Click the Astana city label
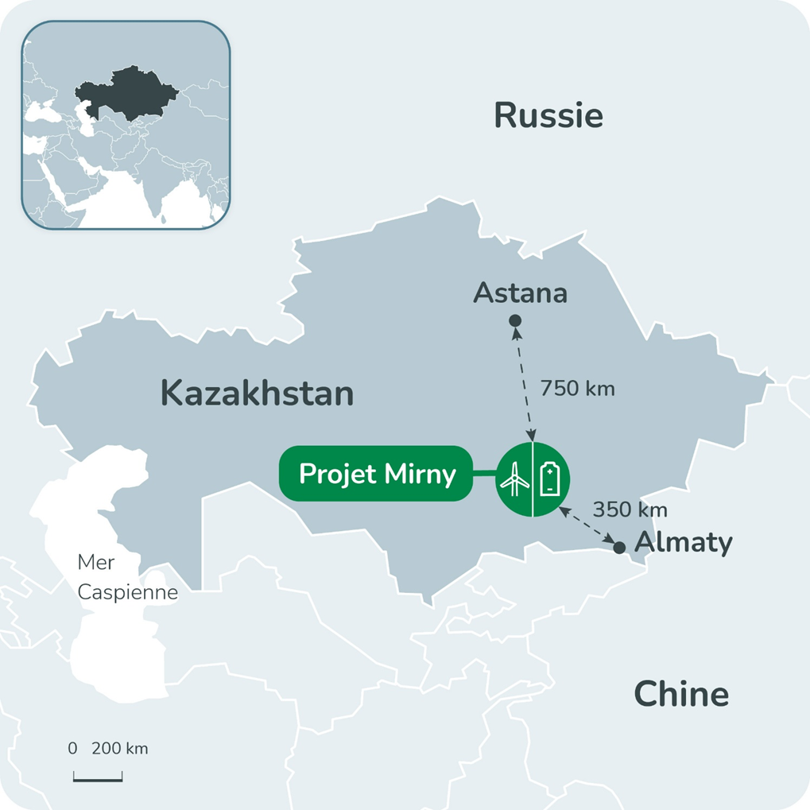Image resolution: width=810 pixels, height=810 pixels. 521,293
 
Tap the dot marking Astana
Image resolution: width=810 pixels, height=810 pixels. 515,320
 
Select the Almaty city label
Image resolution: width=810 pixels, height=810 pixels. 684,543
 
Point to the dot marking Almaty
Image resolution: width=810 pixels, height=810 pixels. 619,548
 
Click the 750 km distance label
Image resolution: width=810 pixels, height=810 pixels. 578,389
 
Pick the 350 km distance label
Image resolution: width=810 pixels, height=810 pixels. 630,510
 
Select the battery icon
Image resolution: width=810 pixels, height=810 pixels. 550,479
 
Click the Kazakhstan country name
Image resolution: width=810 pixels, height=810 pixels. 257,393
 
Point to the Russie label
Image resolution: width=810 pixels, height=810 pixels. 548,116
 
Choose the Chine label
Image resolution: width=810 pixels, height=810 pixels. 681,694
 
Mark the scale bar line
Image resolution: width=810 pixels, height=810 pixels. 98,780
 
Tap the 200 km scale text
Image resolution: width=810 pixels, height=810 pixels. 119,749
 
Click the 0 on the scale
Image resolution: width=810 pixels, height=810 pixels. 72,749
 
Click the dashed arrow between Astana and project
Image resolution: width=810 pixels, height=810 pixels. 525,382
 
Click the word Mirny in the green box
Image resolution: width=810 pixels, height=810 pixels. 421,475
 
